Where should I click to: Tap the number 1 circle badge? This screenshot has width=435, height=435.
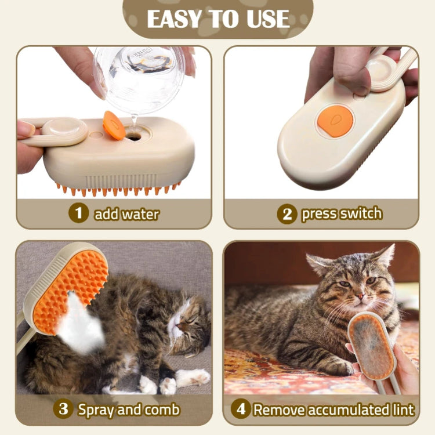pyautogui.click(x=78, y=213)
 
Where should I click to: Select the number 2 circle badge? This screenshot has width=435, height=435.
pyautogui.click(x=287, y=214)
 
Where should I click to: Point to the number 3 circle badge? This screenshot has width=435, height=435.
pyautogui.click(x=63, y=409)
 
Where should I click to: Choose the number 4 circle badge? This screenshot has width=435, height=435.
pyautogui.click(x=241, y=409)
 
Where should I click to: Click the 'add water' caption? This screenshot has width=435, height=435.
pyautogui.click(x=126, y=214)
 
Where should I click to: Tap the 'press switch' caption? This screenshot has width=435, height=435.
pyautogui.click(x=342, y=213)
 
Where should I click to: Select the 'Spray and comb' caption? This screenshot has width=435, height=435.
pyautogui.click(x=129, y=409)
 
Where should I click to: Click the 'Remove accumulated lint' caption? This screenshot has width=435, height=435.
pyautogui.click(x=334, y=409)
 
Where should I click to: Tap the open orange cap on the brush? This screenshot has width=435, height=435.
pyautogui.click(x=114, y=126)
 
